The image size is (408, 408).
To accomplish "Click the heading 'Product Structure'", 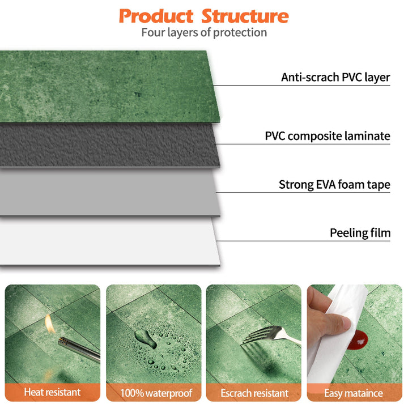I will [x=204, y=15].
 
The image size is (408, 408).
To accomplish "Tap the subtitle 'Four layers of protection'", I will [x=204, y=32].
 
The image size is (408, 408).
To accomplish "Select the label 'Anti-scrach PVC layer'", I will [x=335, y=77].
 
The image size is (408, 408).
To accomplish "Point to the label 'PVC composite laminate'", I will [x=328, y=136].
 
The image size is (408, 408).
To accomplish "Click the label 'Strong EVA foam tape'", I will [x=334, y=185].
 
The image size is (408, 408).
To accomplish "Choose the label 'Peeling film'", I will [x=360, y=233].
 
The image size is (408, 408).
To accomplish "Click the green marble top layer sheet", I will [x=108, y=85].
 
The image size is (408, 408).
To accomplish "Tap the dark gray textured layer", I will [x=108, y=144].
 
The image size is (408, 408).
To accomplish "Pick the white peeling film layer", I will [x=108, y=241].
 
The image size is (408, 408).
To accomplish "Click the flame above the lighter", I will [x=50, y=324].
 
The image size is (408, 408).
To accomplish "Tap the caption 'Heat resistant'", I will [x=52, y=392].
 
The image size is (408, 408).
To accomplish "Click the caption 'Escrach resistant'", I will [x=254, y=392].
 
